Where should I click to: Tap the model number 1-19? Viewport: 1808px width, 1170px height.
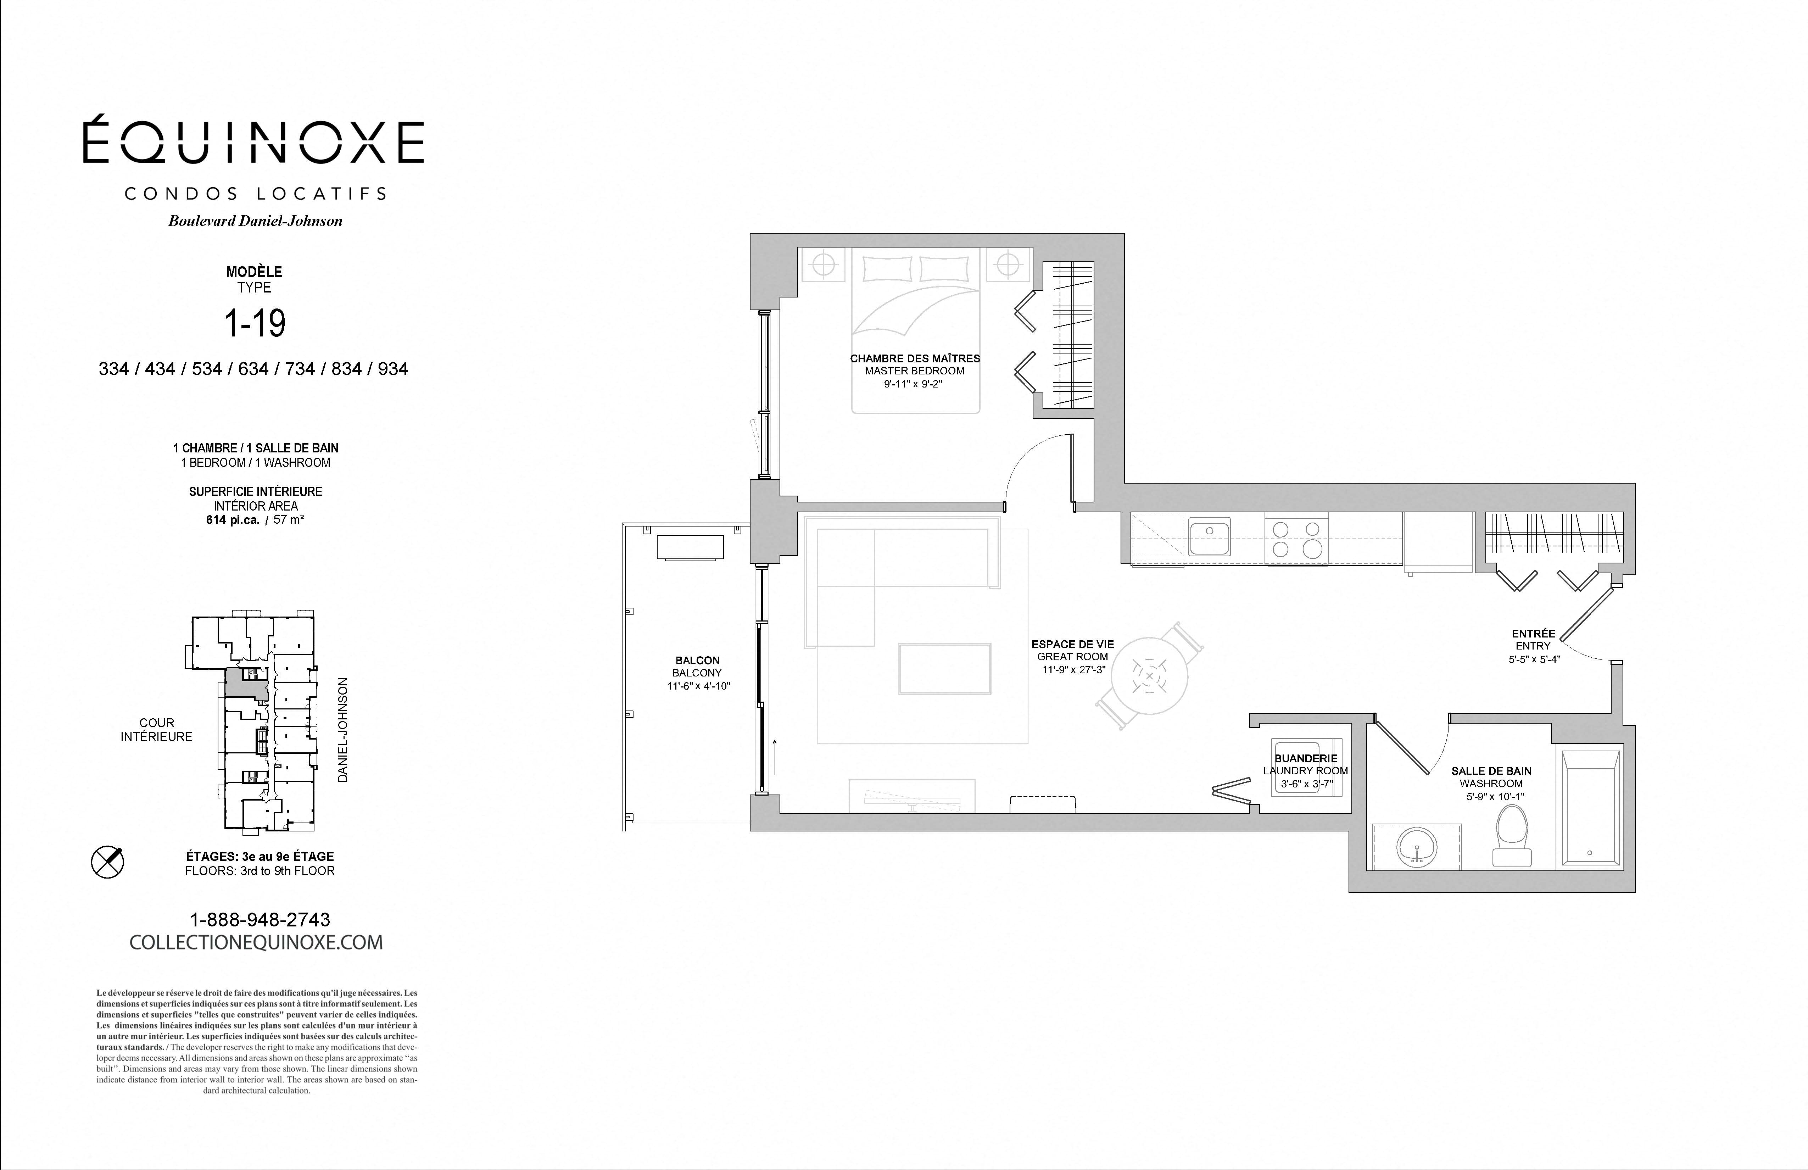click(x=255, y=323)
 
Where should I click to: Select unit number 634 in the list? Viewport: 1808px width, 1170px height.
click(x=254, y=369)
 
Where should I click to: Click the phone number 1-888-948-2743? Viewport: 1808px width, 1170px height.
click(x=260, y=920)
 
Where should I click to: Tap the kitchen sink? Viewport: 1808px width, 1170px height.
click(x=1209, y=537)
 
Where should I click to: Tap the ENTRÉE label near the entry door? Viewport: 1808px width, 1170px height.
click(x=1533, y=634)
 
